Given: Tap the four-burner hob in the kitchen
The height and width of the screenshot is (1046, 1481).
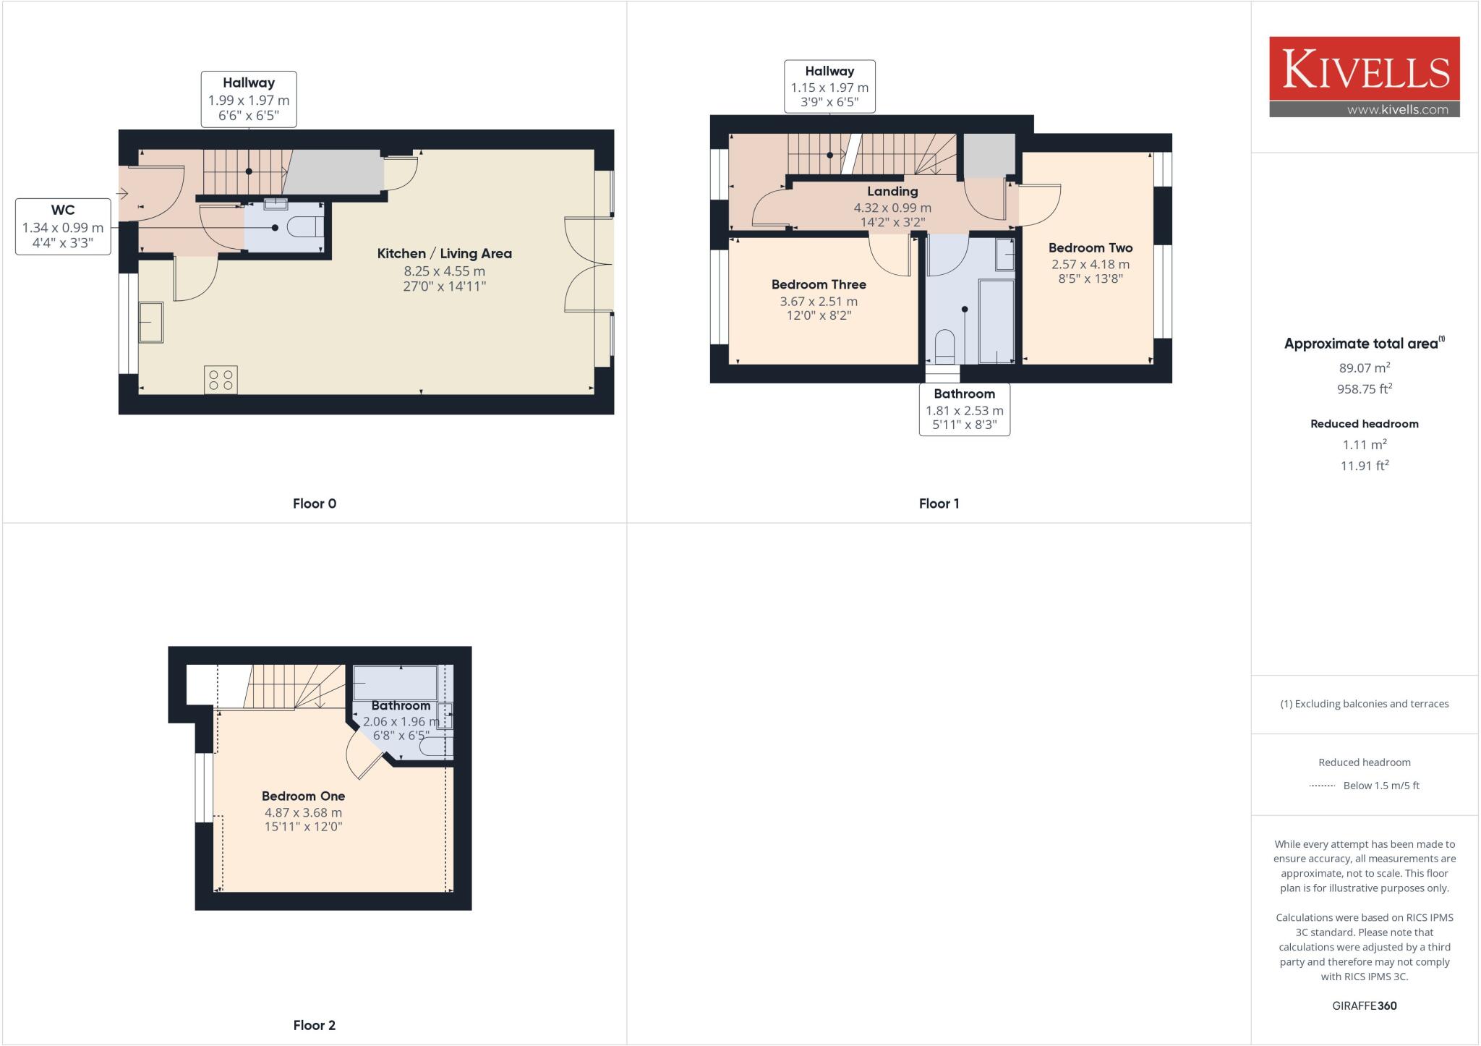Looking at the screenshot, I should coord(221,380).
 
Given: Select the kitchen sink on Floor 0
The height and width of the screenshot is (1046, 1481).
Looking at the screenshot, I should coord(151,322).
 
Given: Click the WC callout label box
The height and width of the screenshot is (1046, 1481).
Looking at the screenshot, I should coord(63,226).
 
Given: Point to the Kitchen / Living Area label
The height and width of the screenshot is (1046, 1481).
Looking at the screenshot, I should coord(444,253).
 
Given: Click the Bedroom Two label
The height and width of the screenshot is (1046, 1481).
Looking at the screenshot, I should coord(1090,247).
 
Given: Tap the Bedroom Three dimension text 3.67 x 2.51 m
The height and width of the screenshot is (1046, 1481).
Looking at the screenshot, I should coord(818,302).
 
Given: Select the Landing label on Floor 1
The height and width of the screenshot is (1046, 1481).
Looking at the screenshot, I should coord(892,191).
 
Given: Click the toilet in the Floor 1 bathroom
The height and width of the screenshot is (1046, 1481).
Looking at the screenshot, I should coord(944,346).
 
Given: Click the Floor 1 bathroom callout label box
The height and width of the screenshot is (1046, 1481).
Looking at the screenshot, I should coord(964,409).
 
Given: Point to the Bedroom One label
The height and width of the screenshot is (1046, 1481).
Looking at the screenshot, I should coord(303,796).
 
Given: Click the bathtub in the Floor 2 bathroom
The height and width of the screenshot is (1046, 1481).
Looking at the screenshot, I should coord(395,683).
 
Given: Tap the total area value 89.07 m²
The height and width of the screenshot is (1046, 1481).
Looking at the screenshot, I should coord(1364,367).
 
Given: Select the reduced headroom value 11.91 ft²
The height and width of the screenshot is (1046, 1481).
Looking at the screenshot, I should coord(1364,466).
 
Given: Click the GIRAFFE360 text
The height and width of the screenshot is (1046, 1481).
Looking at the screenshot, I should coord(1364,1005).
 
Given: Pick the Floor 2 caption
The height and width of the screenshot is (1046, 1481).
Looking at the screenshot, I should coord(314,1025).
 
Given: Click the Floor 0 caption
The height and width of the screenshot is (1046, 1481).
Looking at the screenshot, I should coord(314,503).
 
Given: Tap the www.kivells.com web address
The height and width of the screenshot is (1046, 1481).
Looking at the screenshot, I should coord(1397,110).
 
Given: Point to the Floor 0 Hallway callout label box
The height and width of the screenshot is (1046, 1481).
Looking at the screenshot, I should coord(248,99).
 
